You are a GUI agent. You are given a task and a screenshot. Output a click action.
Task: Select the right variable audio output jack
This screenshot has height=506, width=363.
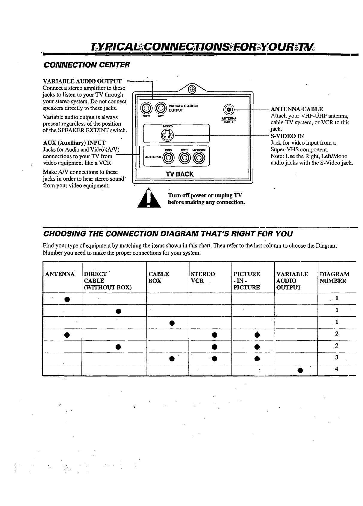(147, 108)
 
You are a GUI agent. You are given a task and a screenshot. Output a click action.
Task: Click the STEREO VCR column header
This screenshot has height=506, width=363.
(203, 278)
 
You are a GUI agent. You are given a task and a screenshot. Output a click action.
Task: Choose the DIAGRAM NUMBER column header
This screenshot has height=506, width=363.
(334, 278)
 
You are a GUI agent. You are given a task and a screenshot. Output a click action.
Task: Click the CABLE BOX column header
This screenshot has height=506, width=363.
(159, 278)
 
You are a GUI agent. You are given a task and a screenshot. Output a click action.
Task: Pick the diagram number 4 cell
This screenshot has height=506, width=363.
(337, 369)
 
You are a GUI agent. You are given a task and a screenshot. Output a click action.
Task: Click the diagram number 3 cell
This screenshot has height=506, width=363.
(337, 357)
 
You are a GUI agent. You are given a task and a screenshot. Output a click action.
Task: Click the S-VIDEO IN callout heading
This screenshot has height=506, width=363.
(287, 136)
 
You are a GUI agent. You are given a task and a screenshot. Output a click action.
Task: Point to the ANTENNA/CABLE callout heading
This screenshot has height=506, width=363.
(297, 109)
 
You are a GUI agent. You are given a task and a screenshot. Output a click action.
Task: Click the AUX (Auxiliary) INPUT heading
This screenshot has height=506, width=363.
(74, 143)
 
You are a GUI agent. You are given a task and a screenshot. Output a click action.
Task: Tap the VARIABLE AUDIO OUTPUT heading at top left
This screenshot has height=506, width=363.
(82, 81)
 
